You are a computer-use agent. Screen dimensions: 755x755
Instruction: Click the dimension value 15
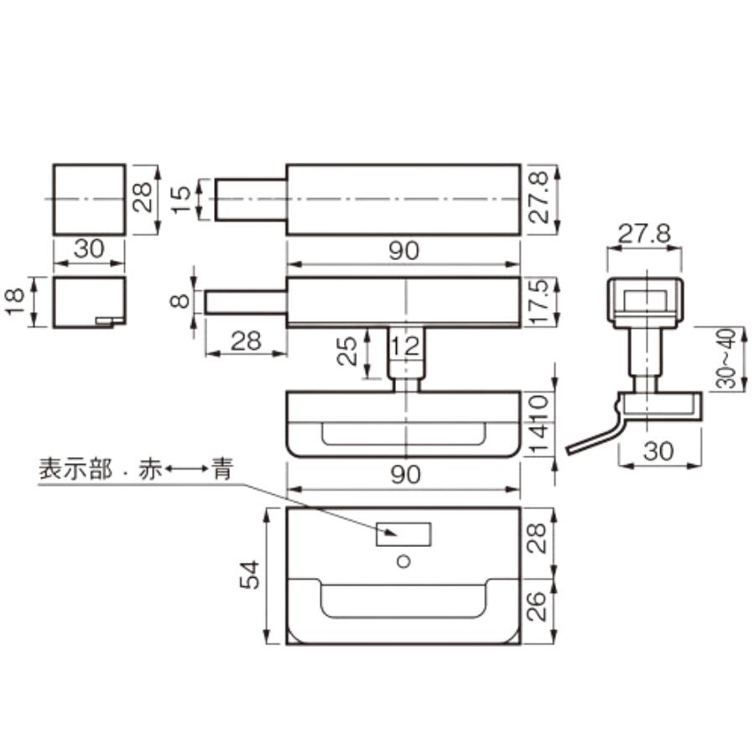point(180,200)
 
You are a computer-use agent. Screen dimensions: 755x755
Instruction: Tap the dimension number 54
point(250,575)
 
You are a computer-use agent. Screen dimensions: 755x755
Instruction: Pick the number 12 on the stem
point(405,346)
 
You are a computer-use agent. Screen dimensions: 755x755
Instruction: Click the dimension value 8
point(180,301)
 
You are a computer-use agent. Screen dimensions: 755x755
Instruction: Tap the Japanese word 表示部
point(75,469)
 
